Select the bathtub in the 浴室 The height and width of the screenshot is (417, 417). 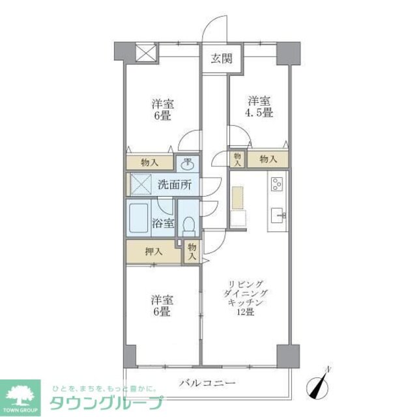pos(139,222)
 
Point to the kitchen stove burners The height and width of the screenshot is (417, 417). pos(276,184)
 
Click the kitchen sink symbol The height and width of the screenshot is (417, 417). pos(278,214)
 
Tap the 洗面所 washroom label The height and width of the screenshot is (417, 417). pos(175,184)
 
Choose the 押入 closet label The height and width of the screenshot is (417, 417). pos(154,252)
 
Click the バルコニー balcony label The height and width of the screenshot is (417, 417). pos(207,383)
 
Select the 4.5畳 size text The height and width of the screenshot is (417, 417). pos(259,113)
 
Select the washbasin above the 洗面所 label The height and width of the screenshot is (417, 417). pos(188,164)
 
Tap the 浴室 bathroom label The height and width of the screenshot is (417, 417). pos(164,223)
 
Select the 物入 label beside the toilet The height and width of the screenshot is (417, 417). pos(192,252)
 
